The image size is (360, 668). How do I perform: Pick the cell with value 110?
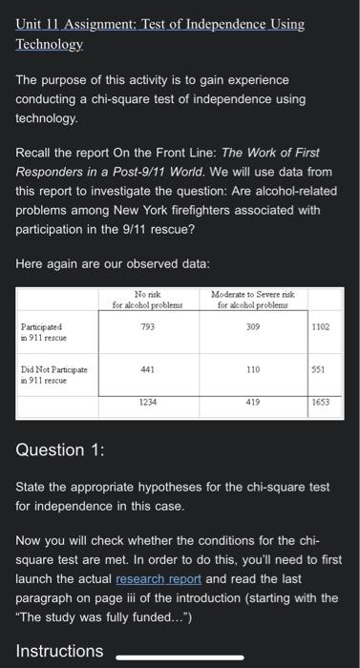tap(252, 367)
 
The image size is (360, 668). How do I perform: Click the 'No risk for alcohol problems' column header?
tap(146, 300)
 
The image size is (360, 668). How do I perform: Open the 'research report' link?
tap(156, 578)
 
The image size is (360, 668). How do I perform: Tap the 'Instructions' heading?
tap(59, 651)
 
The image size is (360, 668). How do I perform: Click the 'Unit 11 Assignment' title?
tap(160, 24)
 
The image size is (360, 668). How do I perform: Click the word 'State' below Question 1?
tap(34, 487)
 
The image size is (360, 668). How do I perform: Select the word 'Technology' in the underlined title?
tap(50, 44)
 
